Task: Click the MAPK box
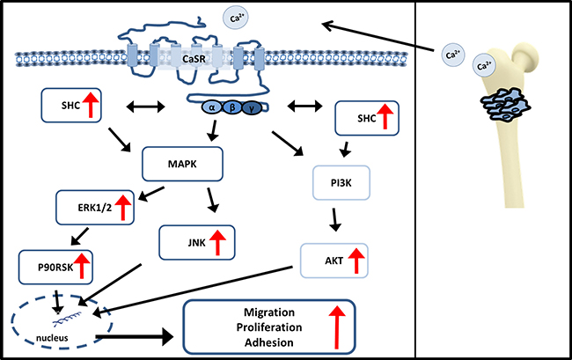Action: (182, 164)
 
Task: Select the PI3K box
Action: (341, 183)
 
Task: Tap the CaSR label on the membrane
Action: (194, 58)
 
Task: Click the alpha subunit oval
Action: (211, 107)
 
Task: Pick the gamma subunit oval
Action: (252, 108)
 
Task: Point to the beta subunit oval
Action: (231, 107)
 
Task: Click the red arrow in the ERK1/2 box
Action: (123, 207)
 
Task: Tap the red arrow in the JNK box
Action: (217, 242)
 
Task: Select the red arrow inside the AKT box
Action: (356, 261)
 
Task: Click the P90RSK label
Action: (55, 268)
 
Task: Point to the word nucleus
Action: (52, 338)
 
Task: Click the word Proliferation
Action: (269, 327)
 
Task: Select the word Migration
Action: (269, 312)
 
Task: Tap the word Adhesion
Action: (269, 342)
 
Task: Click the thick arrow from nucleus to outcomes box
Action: (135, 336)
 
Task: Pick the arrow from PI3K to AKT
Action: (335, 219)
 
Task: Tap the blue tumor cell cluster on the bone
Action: (504, 107)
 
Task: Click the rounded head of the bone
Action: (525, 55)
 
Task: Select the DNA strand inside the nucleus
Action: (68, 319)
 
